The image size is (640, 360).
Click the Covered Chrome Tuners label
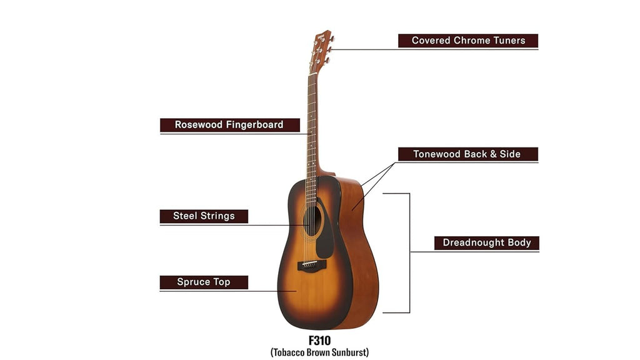point(467,41)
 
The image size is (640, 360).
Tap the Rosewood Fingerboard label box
point(230,125)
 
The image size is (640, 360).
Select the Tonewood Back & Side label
point(467,154)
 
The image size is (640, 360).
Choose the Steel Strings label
point(204,216)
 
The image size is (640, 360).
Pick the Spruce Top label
point(204,282)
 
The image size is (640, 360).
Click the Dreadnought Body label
point(486,243)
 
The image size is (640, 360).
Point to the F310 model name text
point(319,341)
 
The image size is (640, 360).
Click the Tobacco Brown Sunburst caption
point(319,352)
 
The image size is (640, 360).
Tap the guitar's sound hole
point(312,221)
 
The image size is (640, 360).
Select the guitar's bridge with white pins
point(312,265)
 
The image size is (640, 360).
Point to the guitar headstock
point(321,51)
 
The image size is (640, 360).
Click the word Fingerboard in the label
point(255,125)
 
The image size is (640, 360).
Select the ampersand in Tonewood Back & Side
point(493,154)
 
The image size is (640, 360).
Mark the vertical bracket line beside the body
point(409,253)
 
